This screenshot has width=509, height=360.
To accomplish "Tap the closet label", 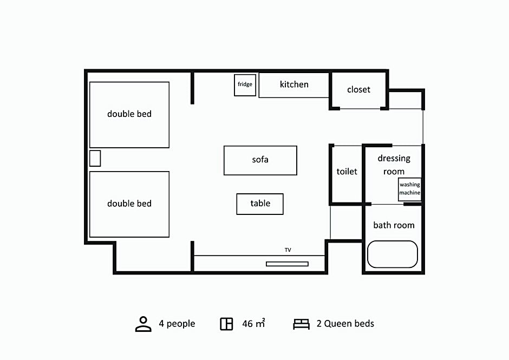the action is click(358, 90).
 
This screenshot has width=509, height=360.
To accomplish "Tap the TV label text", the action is click(288, 250).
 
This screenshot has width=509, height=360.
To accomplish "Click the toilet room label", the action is click(347, 172).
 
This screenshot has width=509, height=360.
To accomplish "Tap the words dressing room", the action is click(394, 165).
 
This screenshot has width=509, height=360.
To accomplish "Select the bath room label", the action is click(394, 225).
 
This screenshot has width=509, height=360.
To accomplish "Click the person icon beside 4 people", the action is click(143, 324).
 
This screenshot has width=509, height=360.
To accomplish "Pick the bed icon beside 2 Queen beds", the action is click(301, 324).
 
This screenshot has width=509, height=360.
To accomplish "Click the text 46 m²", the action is click(253, 323).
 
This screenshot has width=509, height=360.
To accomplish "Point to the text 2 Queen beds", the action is click(345, 324).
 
